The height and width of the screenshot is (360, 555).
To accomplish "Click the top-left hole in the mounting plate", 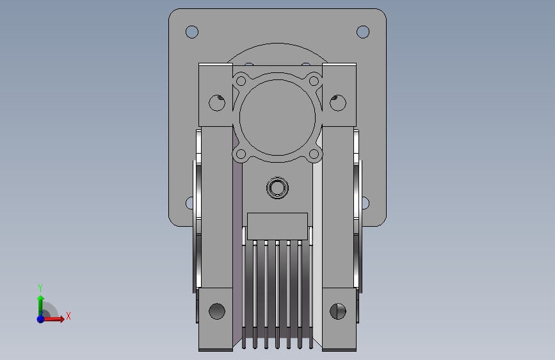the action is [x=192, y=32].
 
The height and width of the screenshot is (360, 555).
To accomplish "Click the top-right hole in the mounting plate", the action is [x=363, y=32].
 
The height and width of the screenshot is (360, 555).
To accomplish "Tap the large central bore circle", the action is [x=278, y=117].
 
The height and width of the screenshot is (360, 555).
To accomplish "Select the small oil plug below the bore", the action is [x=278, y=188].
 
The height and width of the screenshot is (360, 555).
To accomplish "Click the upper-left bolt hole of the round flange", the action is [x=241, y=81].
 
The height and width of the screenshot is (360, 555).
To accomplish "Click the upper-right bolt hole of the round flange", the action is [x=314, y=81].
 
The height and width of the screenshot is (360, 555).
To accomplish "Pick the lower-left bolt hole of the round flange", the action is [x=241, y=154].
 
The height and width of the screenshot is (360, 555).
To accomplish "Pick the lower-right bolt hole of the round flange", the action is [x=314, y=154].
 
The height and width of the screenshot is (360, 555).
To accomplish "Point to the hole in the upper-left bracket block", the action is [x=217, y=102].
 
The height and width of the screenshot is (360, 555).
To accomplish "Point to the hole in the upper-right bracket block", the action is [x=338, y=102].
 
